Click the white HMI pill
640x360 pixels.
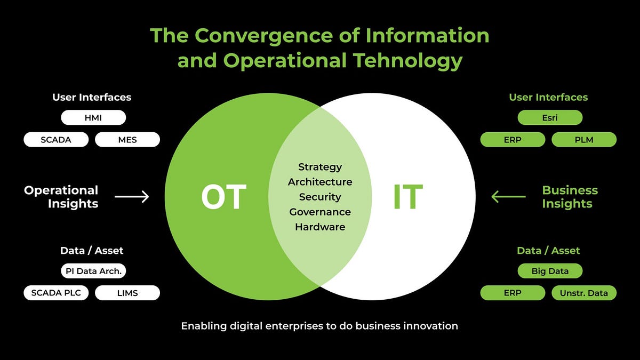tap(93, 117)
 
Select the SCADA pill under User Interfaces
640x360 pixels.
tap(56, 140)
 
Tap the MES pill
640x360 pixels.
tap(127, 140)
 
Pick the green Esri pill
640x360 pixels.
tap(550, 117)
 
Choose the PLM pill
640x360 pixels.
tap(584, 140)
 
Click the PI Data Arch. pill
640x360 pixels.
tap(93, 271)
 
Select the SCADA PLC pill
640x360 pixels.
tap(56, 293)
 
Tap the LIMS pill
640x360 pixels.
tap(127, 293)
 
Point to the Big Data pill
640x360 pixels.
tap(550, 271)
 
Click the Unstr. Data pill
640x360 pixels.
tap(584, 293)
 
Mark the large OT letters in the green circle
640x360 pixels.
tap(223, 197)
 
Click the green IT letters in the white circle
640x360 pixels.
tap(407, 197)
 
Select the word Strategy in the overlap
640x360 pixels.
tap(320, 167)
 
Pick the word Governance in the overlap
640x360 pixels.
tap(320, 212)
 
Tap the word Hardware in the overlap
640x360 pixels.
tap(320, 227)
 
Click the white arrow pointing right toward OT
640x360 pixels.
tap(132, 197)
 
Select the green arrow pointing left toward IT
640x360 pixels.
tap(508, 197)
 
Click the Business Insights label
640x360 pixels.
tap(570, 197)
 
